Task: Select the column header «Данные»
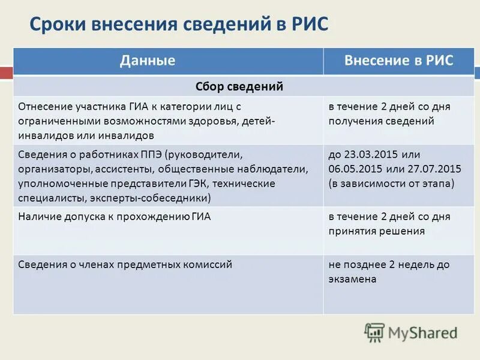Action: (148, 61)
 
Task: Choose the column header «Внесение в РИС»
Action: (398, 61)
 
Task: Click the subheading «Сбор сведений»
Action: (239, 86)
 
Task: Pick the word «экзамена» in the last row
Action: (352, 279)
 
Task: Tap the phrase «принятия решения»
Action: (376, 231)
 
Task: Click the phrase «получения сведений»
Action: (380, 121)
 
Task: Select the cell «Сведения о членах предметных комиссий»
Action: (125, 264)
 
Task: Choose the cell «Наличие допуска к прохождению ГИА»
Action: (115, 216)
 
